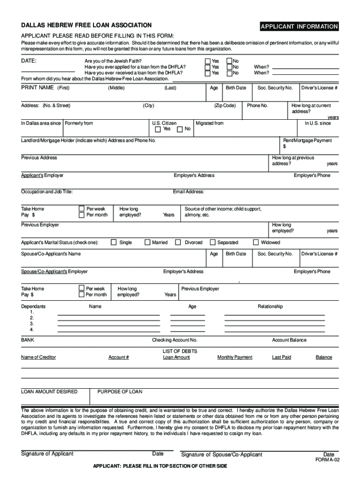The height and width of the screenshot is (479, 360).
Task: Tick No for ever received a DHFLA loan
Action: [x=229, y=73]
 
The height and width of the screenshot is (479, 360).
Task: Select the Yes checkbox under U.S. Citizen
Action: [x=158, y=129]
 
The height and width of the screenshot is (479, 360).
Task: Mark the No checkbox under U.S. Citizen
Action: [x=180, y=129]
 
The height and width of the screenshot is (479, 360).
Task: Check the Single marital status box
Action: [x=114, y=242]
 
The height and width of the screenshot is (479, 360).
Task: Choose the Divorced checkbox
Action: [x=178, y=242]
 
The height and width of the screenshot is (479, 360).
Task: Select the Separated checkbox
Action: [x=213, y=242]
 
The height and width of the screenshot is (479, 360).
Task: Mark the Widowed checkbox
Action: [x=256, y=242]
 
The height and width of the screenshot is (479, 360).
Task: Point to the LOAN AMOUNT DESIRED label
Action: [x=49, y=392]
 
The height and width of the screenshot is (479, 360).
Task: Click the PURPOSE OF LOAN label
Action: [x=120, y=392]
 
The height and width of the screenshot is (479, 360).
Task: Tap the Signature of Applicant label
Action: [x=47, y=454]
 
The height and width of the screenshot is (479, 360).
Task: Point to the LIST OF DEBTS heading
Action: [x=180, y=351]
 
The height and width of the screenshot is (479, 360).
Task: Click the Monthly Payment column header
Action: [x=235, y=357]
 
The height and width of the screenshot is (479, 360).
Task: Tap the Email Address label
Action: [x=188, y=192]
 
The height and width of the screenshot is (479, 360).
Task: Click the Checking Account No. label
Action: [x=174, y=340]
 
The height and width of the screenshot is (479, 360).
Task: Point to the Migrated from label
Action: [x=209, y=123]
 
